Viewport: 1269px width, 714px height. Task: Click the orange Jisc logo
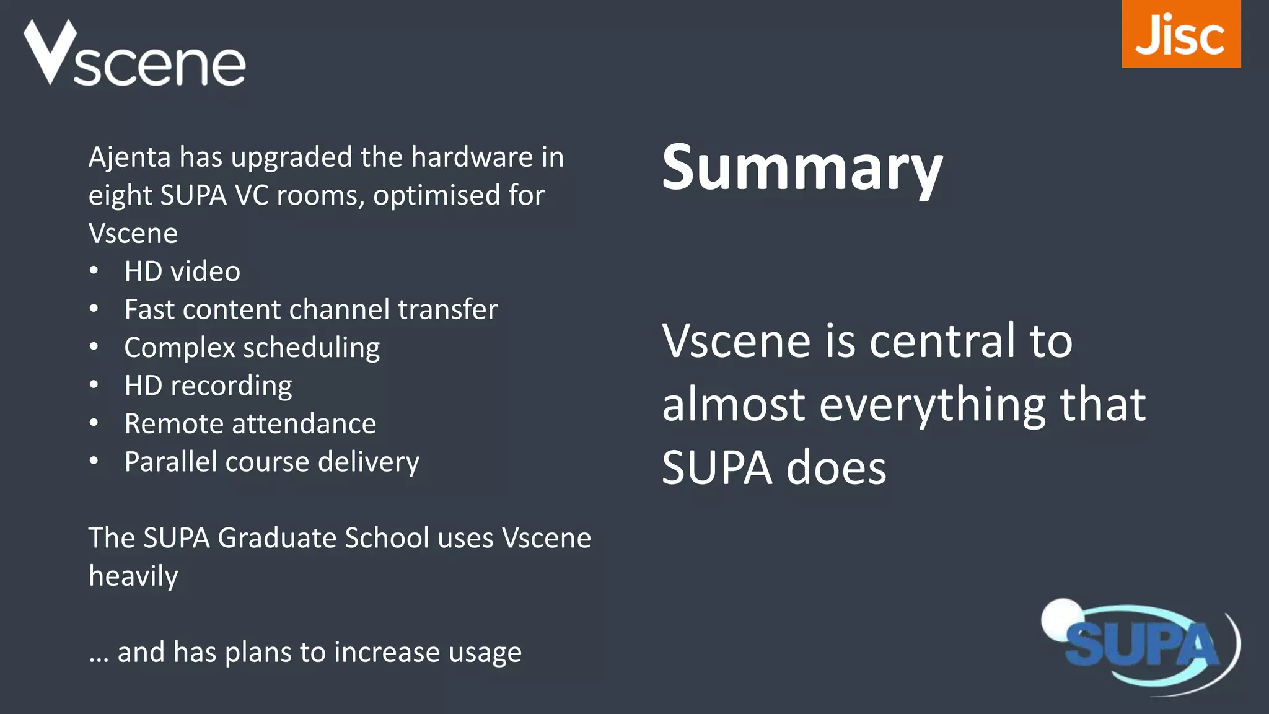(1180, 34)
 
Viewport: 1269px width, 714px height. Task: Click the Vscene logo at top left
(134, 55)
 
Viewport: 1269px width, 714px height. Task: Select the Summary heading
(802, 169)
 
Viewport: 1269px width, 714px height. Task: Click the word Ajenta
(130, 157)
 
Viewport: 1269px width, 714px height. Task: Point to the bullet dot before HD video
(94, 271)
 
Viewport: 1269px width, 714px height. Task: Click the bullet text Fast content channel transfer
(310, 309)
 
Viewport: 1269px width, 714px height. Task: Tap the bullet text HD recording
(208, 386)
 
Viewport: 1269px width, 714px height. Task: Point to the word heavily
(133, 576)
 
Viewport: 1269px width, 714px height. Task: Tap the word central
(942, 342)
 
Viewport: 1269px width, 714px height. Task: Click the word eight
(120, 196)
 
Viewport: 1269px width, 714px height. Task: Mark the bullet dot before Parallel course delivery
(94, 461)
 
